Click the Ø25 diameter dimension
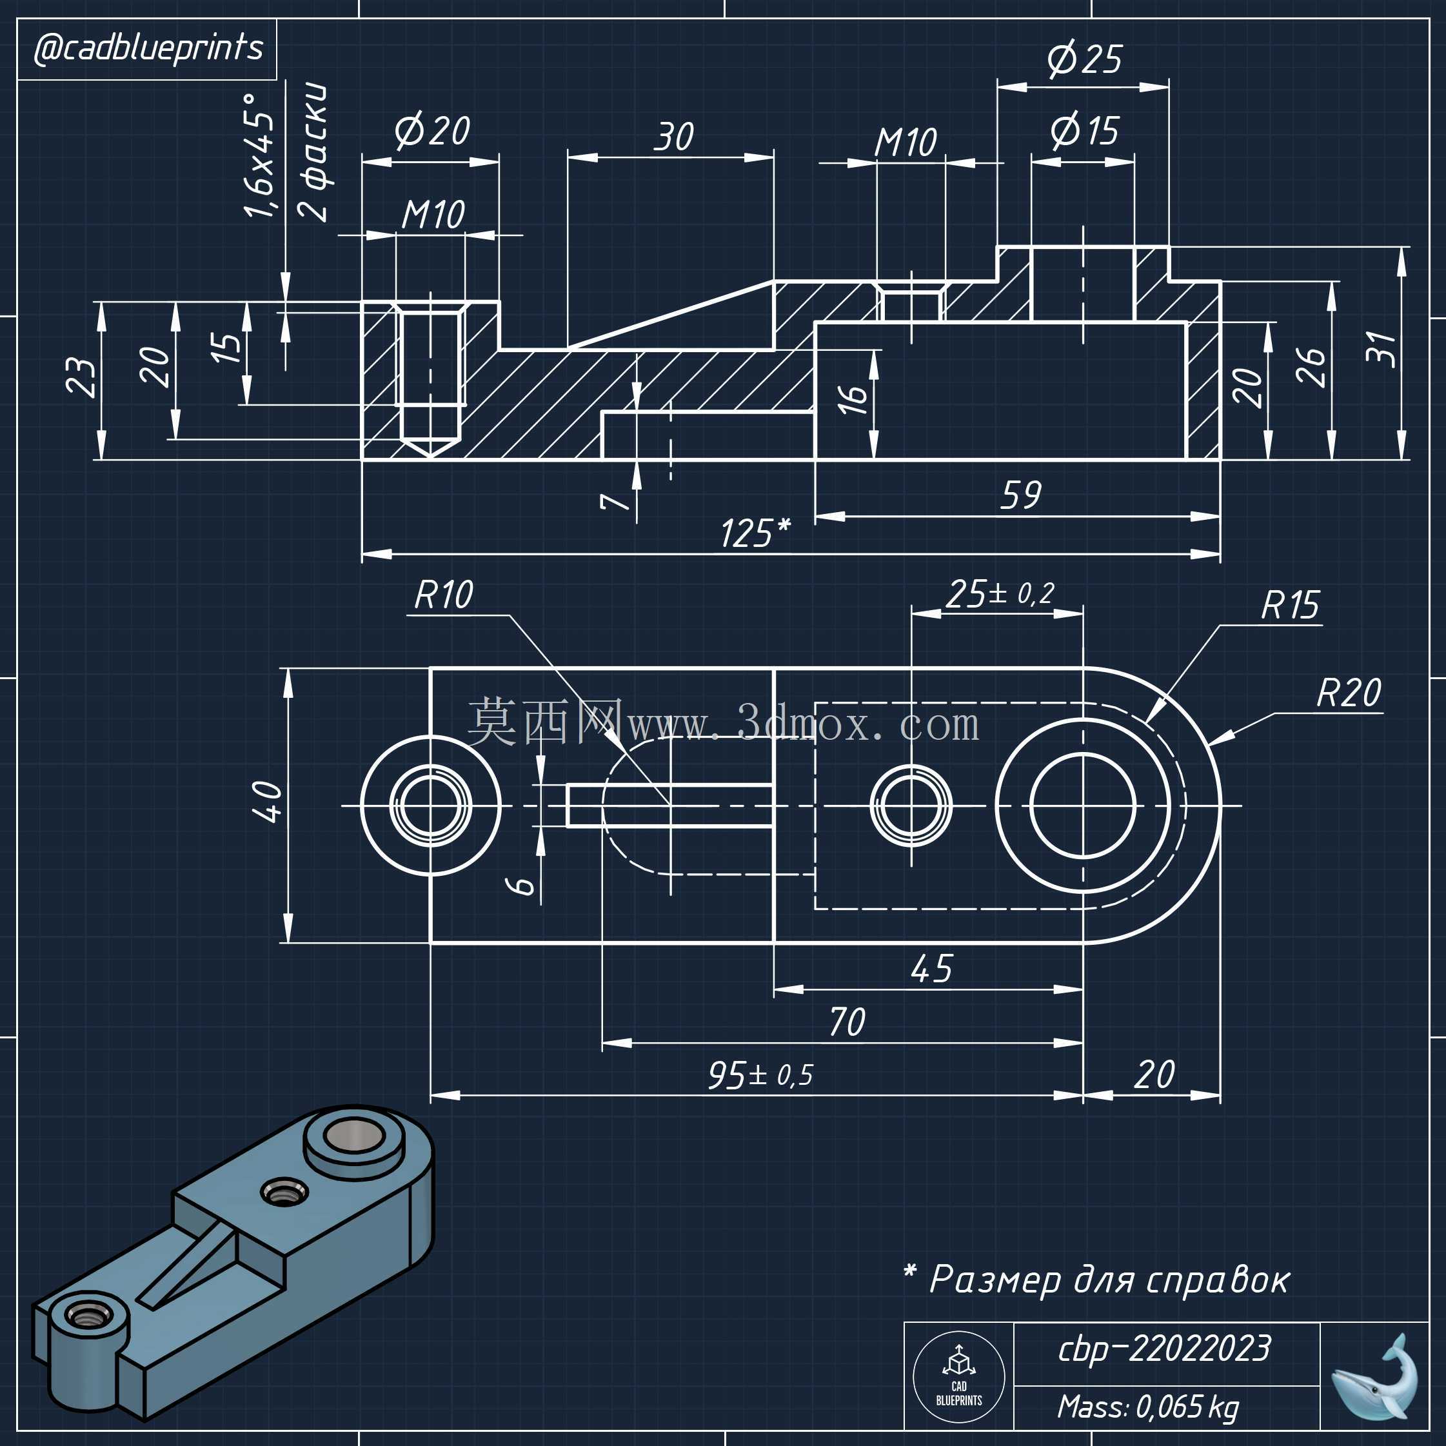tap(1085, 59)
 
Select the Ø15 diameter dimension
tap(1085, 131)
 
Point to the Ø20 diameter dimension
tap(432, 131)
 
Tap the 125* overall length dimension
tap(755, 533)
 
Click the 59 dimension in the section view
tap(1021, 495)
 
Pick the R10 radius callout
tap(443, 596)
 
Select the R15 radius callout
tap(1291, 606)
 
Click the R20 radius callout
tap(1349, 693)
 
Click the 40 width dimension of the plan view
tap(268, 802)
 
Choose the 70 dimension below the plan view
tap(847, 1022)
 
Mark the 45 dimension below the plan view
tap(932, 969)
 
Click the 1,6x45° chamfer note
tap(260, 155)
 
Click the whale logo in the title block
tap(1374, 1378)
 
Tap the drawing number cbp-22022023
tap(1165, 1349)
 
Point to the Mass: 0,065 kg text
tap(1149, 1407)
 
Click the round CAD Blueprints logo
tap(959, 1377)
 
